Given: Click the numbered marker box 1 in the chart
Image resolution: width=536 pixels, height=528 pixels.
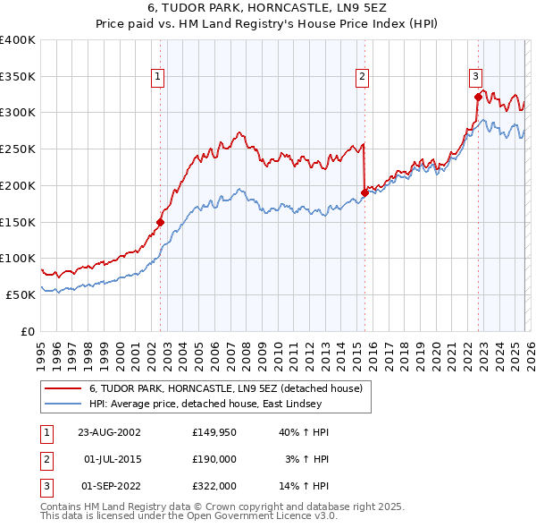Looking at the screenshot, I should coord(157,78).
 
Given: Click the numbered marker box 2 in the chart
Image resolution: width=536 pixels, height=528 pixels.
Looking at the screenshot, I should coord(363,78).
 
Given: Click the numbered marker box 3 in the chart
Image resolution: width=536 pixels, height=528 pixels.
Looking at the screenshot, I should coord(476,78).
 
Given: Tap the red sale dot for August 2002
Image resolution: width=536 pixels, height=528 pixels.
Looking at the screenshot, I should coord(161,222).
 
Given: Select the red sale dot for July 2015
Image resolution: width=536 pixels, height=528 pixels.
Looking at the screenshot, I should coord(364,192).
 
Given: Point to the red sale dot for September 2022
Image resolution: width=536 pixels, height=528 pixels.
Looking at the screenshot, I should coord(478,96).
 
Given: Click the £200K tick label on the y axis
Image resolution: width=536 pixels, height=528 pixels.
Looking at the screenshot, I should coord(18,185).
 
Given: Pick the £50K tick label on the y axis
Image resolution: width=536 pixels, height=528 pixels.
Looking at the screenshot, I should coord(21,294).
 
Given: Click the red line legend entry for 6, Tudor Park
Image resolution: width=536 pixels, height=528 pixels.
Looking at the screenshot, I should coord(225,389).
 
